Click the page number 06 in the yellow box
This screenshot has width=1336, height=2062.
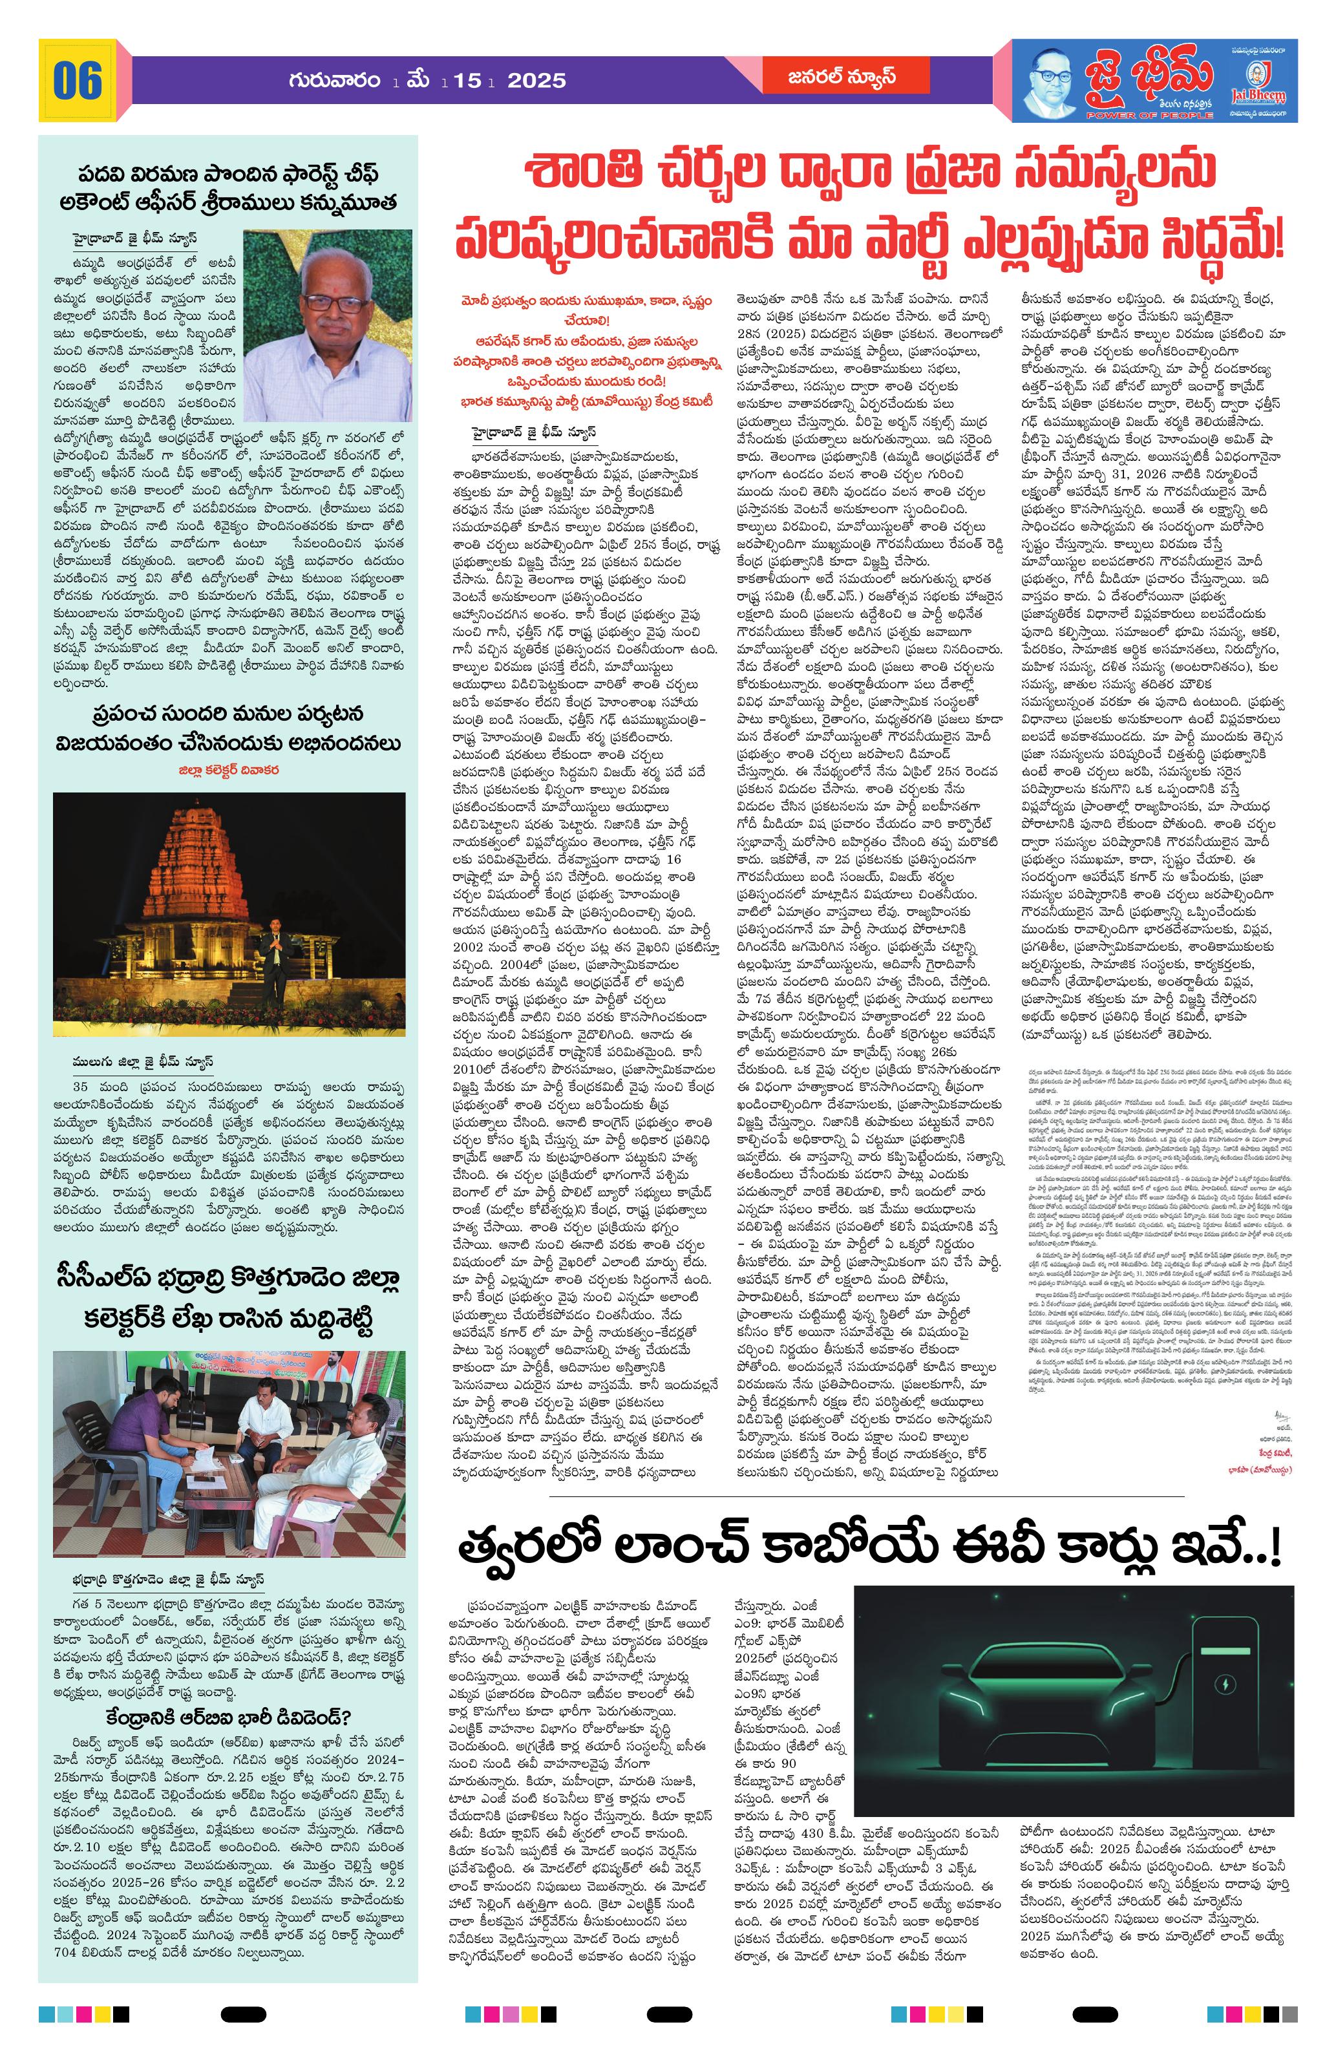77,81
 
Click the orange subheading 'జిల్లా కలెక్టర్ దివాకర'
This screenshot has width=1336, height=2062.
228,769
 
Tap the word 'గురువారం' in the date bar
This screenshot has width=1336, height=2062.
336,81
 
